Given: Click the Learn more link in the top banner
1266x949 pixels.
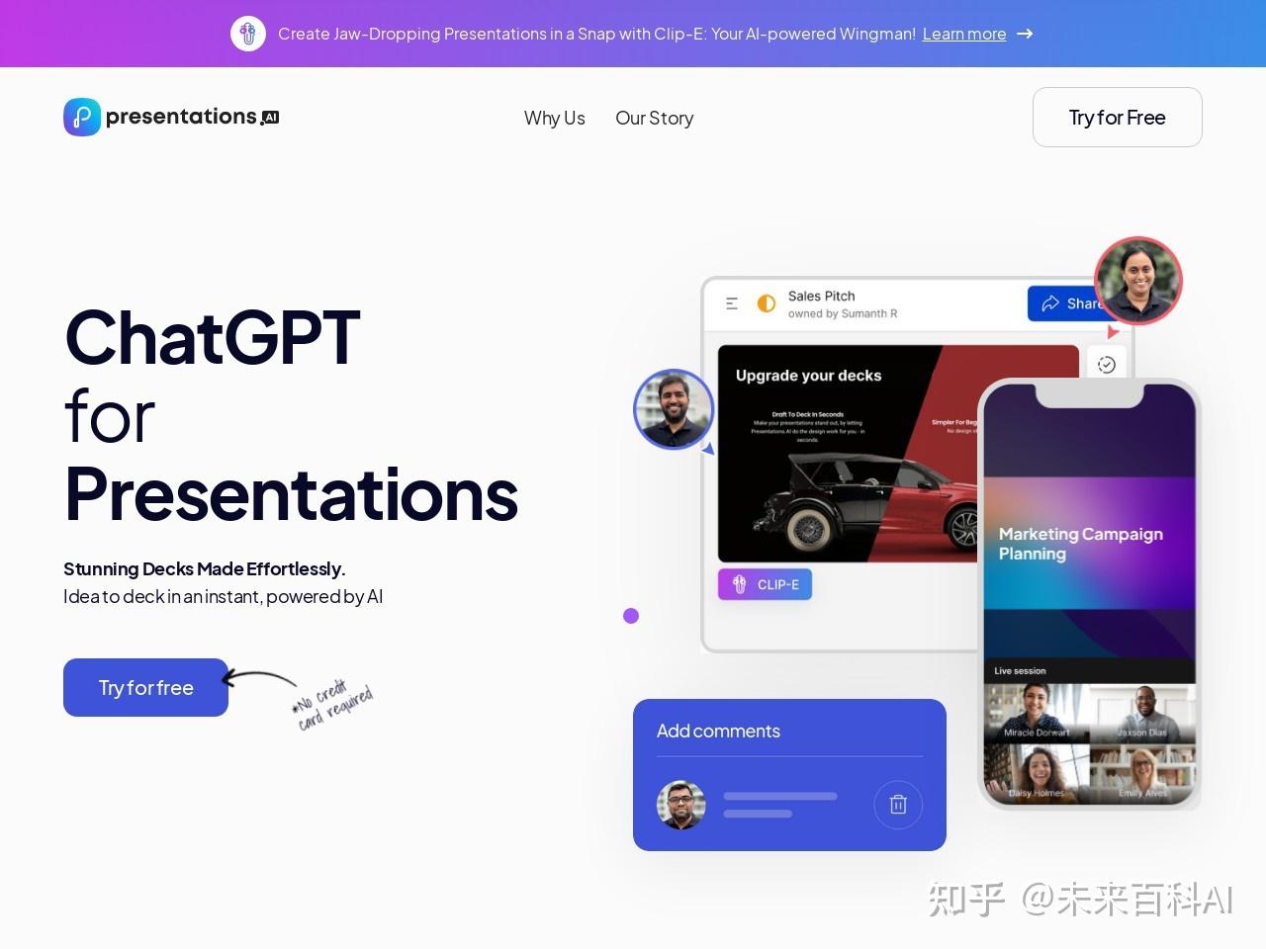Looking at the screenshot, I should tap(963, 34).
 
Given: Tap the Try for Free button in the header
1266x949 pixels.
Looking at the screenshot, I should tap(1117, 118).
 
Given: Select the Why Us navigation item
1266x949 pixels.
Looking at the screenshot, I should tap(554, 118).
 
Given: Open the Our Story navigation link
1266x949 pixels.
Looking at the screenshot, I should tap(654, 118).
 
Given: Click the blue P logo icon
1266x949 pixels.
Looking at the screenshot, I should tap(82, 117).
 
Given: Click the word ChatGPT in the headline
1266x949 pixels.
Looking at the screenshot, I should tap(212, 338).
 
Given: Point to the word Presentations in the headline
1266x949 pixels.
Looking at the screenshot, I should tap(291, 494).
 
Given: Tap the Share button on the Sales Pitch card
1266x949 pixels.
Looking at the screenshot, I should tap(1068, 303).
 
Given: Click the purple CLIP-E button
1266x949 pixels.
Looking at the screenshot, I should tap(765, 584).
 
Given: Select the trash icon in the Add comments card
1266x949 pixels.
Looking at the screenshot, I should tap(898, 804).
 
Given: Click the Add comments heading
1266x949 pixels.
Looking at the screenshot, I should tap(718, 731).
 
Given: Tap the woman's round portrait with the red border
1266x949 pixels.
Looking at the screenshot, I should tap(1137, 281).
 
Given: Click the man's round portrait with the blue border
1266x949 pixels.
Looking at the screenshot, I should tap(674, 408).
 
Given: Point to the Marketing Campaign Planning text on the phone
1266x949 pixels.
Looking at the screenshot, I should tap(1080, 544).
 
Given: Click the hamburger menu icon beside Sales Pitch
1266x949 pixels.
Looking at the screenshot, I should tap(732, 303).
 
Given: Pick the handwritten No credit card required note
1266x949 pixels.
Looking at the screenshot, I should tap(332, 703).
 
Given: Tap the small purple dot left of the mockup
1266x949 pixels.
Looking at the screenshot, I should tap(631, 616).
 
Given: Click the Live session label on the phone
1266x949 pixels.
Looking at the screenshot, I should tap(1020, 670).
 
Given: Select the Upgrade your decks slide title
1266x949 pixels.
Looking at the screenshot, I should tap(808, 376).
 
